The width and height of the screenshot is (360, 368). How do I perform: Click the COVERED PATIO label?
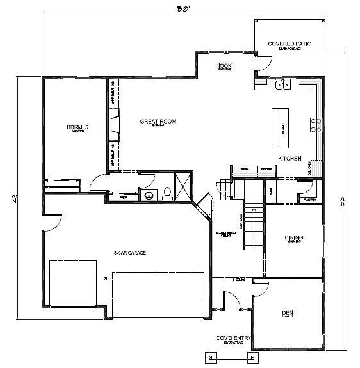(x=290, y=44)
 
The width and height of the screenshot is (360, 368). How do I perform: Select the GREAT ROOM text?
(x=158, y=121)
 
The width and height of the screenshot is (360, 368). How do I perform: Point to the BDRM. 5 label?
(x=78, y=127)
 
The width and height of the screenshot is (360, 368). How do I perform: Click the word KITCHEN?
(x=290, y=158)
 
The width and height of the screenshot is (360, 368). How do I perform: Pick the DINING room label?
(x=293, y=237)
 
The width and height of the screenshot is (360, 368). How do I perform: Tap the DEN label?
(x=287, y=313)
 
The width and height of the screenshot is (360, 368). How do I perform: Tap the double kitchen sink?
(x=282, y=84)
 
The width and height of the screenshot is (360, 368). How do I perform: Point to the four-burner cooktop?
(x=315, y=124)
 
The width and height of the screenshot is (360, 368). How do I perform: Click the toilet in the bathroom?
(x=167, y=193)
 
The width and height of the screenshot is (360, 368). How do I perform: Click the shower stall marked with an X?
(x=183, y=188)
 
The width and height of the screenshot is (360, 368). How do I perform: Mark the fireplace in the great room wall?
(x=113, y=124)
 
